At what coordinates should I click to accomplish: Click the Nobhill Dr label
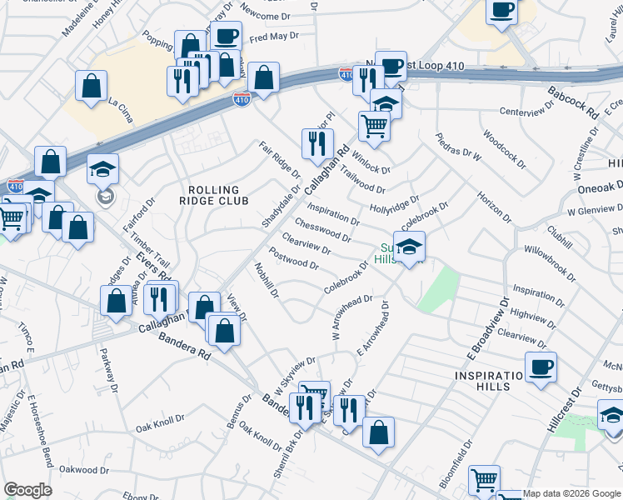point(266,280)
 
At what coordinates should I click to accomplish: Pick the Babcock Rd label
point(574,102)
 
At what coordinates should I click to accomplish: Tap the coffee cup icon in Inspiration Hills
point(541,366)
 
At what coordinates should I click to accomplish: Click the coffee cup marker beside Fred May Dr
point(226,37)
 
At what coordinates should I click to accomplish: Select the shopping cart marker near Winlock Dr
point(375,127)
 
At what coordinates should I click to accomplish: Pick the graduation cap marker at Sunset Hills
point(409,247)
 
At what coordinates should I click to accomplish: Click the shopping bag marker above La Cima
point(91,85)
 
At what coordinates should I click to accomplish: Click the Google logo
point(27,490)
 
